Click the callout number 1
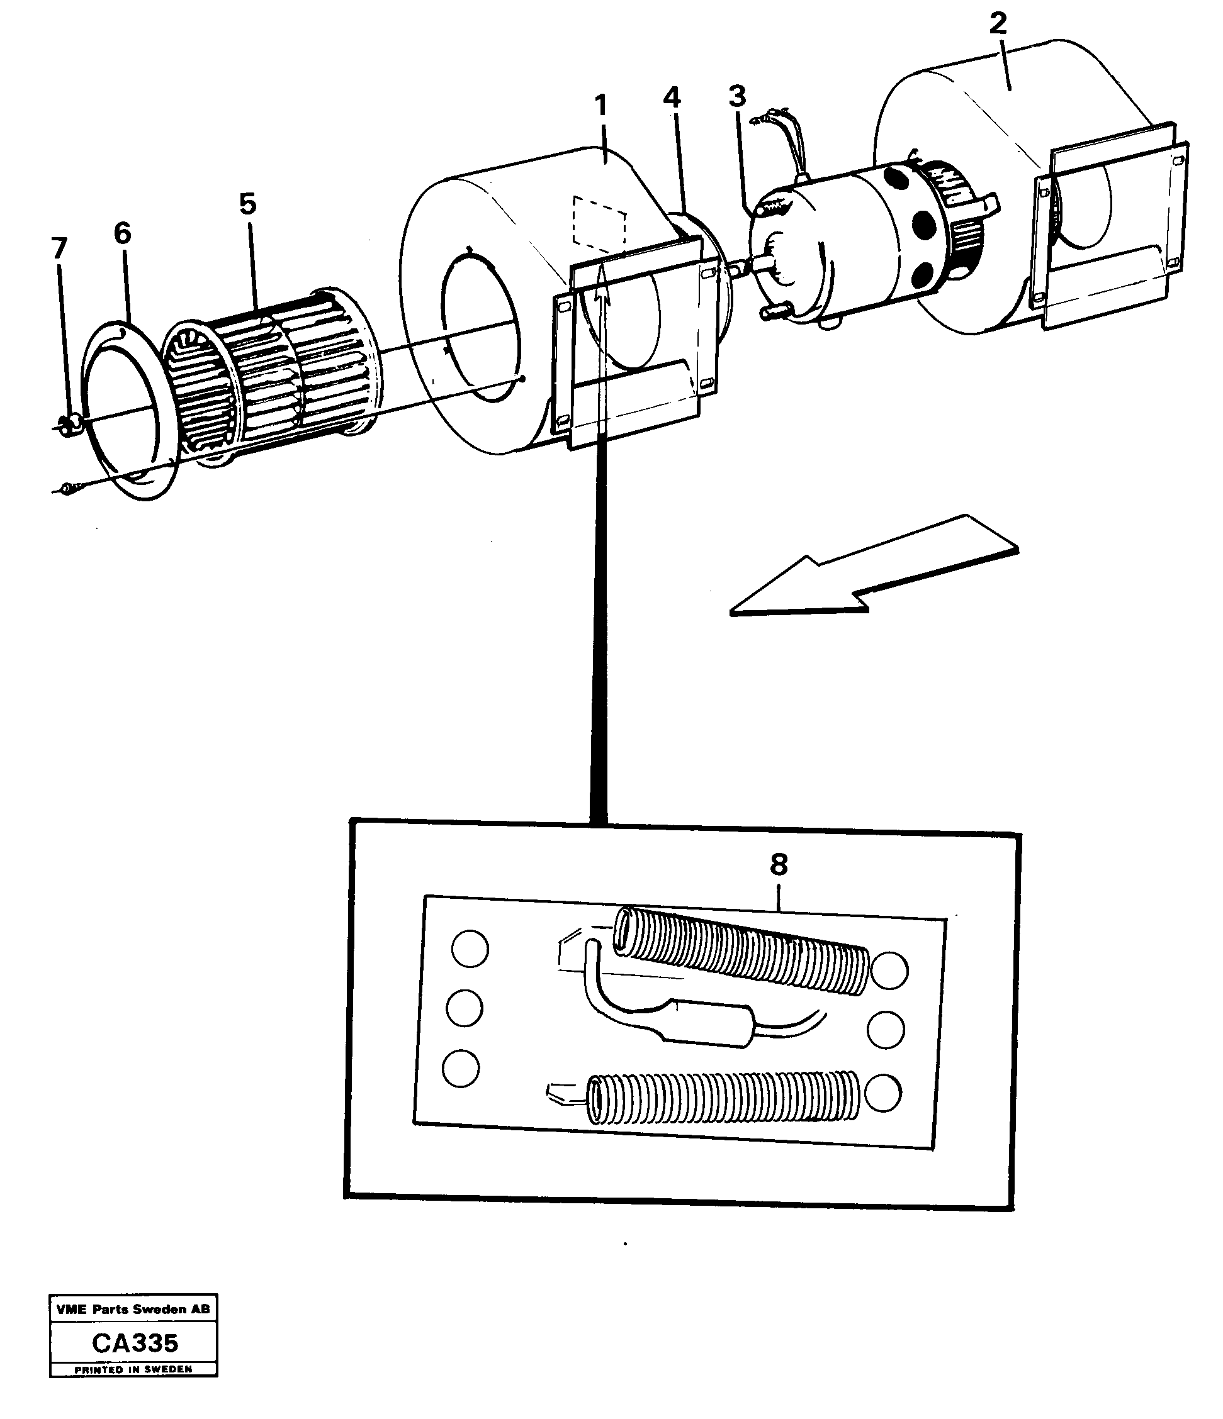pyautogui.click(x=601, y=106)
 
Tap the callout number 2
pyautogui.click(x=998, y=24)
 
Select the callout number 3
pyautogui.click(x=736, y=97)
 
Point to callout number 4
pyautogui.click(x=672, y=98)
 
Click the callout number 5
pyautogui.click(x=247, y=203)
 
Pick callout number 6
pyautogui.click(x=122, y=233)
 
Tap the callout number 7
pyautogui.click(x=60, y=248)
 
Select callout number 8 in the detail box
pyautogui.click(x=779, y=865)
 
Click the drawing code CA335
pyautogui.click(x=134, y=1343)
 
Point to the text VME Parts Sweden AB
pyautogui.click(x=133, y=1310)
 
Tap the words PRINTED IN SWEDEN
pyautogui.click(x=133, y=1370)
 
